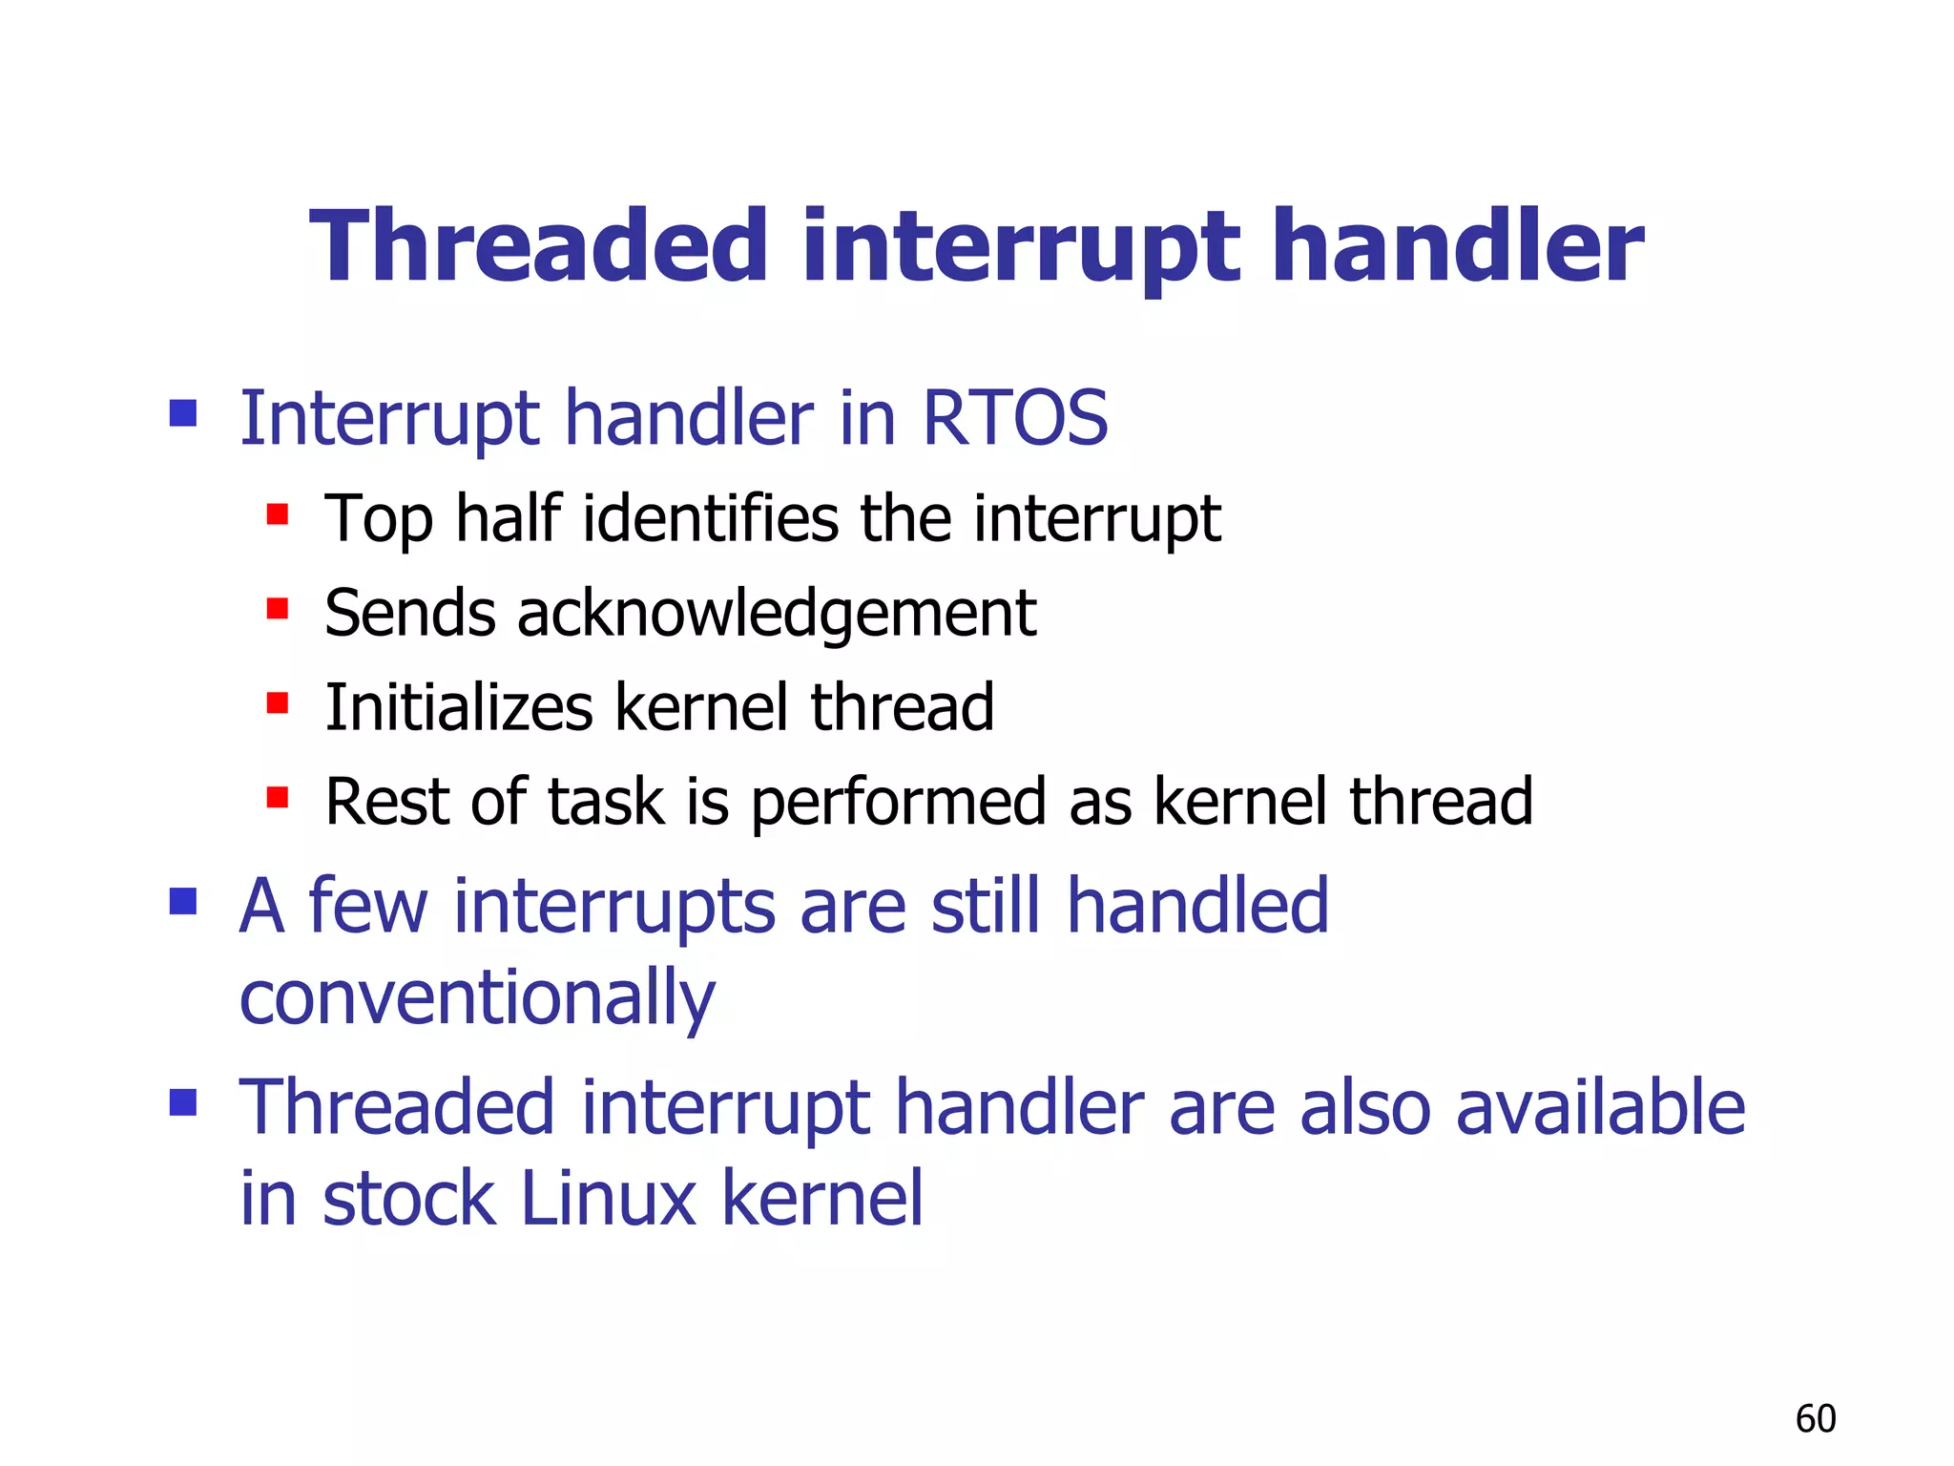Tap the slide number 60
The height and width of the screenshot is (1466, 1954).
[1815, 1418]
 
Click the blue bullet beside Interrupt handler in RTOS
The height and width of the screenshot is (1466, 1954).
[182, 413]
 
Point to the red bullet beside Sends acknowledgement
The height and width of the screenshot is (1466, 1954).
[278, 608]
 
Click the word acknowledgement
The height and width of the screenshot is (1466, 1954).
[776, 613]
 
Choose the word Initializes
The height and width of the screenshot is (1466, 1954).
[459, 707]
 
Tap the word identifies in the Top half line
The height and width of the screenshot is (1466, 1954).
[711, 518]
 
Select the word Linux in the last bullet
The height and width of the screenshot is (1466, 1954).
[608, 1198]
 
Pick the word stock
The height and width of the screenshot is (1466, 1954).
[409, 1198]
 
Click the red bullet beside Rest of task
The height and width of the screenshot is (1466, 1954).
[278, 797]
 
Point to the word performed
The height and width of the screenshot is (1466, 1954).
[899, 802]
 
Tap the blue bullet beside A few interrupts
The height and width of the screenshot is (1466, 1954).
[182, 901]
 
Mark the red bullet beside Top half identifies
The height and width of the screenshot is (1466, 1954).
[278, 514]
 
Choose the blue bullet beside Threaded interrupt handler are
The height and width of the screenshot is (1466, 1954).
[182, 1102]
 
